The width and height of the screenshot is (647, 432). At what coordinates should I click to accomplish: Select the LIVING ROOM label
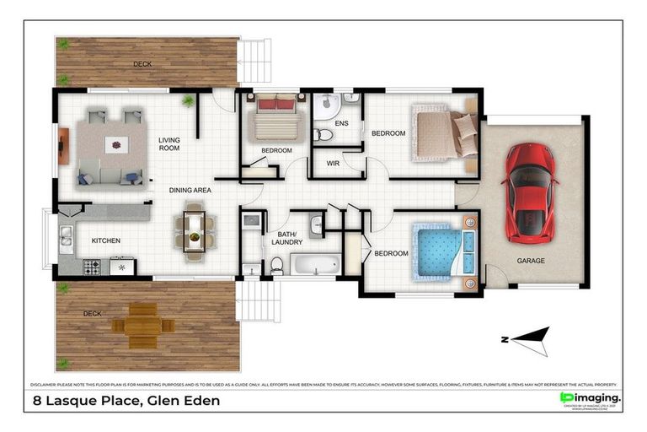169,144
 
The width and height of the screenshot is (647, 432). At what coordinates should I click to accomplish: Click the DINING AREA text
190,191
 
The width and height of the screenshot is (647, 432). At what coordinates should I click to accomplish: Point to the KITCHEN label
105,240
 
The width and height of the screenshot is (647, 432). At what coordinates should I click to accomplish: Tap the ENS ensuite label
341,124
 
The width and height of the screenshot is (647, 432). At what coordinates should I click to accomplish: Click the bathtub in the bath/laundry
315,264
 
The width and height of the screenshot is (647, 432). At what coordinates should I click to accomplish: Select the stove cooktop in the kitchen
91,267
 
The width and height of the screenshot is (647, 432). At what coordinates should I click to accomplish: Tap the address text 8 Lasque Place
126,401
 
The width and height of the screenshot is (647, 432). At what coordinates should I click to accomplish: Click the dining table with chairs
195,230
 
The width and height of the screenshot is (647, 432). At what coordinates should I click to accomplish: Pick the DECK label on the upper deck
142,64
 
